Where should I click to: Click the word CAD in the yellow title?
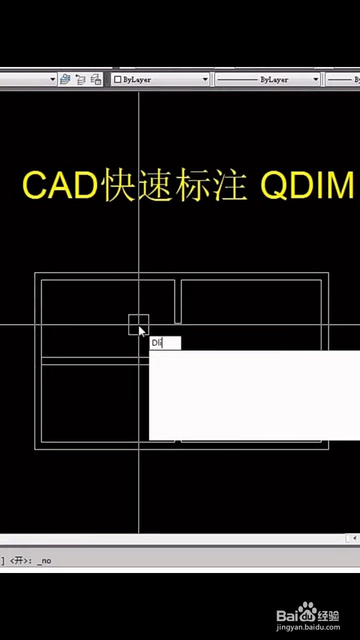(x=60, y=184)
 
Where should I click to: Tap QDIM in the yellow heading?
(x=307, y=184)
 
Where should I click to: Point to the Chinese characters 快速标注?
(x=175, y=184)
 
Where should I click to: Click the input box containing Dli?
(x=165, y=343)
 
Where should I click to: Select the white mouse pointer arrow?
(x=141, y=331)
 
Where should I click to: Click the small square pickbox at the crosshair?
(x=138, y=324)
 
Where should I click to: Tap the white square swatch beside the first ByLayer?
(x=117, y=79)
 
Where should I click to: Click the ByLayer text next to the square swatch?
(x=137, y=79)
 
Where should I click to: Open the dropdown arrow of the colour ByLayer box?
(x=205, y=79)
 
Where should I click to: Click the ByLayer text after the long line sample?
(x=274, y=79)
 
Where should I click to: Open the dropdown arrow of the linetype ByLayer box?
(x=315, y=79)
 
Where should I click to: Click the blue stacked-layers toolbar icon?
(x=65, y=79)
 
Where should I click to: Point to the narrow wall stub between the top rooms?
(x=178, y=301)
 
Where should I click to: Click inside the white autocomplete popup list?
(x=254, y=395)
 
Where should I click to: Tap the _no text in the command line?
(x=44, y=561)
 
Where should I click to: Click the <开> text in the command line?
(x=20, y=560)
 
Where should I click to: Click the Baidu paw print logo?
(x=307, y=610)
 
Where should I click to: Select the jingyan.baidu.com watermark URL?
(x=308, y=627)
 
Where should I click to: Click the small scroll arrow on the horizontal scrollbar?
(x=354, y=538)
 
